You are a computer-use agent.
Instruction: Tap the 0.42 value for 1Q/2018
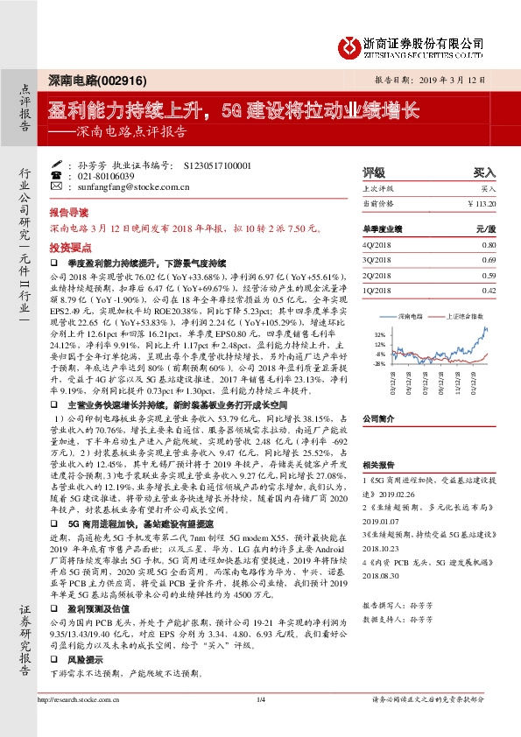coord(488,290)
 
